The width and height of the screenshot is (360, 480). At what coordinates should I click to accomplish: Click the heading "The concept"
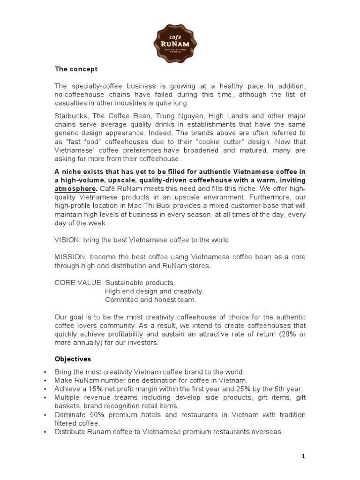tap(76, 69)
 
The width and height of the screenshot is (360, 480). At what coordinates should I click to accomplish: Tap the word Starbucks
tap(70, 117)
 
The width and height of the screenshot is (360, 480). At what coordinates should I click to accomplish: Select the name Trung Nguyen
tap(172, 117)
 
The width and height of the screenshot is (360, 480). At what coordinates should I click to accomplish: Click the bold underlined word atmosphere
tap(75, 189)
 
